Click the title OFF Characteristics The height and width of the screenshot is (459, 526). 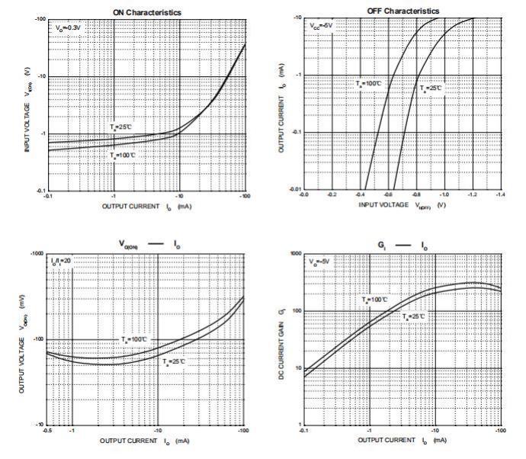[403, 11]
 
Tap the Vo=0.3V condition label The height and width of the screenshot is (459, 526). [66, 27]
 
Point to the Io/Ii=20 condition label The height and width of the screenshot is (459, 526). [64, 262]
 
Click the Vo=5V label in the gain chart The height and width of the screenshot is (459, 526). [321, 262]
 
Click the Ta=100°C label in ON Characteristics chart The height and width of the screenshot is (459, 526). [123, 155]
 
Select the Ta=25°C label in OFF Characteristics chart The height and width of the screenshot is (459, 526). [431, 88]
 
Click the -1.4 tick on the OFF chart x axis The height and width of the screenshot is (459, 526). [500, 195]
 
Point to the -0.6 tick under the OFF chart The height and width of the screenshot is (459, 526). [389, 195]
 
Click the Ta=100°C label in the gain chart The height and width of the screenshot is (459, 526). [377, 300]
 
